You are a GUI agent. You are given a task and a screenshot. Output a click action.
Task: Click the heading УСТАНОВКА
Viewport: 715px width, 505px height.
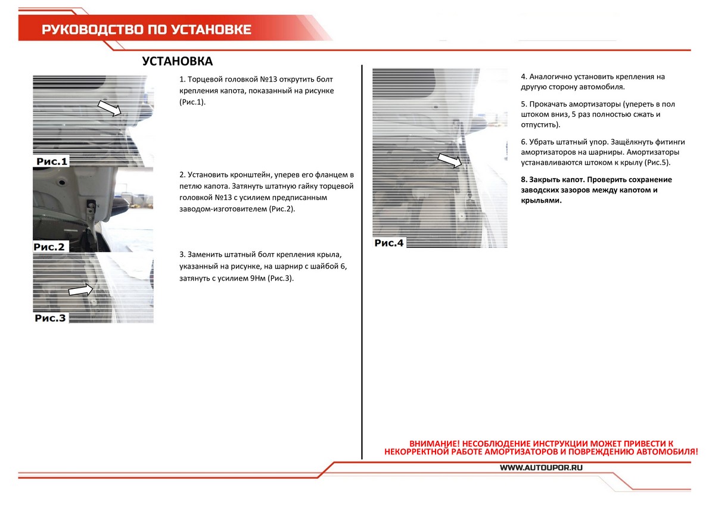pos(178,61)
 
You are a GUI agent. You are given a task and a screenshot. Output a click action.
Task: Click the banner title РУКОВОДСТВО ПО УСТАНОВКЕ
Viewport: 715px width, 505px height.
pos(147,30)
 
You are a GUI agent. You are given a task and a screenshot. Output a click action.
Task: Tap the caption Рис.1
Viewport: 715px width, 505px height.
pos(52,161)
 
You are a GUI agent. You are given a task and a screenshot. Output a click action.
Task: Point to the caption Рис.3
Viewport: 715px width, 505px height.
pos(50,318)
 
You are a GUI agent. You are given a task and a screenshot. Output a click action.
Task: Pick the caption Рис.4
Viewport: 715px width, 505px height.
pos(389,242)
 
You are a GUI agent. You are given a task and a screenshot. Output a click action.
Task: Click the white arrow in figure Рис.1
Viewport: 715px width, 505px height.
pos(109,108)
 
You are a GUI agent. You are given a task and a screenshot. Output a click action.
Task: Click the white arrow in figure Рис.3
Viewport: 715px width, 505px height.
pos(81,290)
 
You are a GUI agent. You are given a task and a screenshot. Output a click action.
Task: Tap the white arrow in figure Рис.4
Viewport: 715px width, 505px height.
pos(450,160)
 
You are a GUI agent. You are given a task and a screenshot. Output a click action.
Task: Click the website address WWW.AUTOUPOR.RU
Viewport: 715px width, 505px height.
pos(541,468)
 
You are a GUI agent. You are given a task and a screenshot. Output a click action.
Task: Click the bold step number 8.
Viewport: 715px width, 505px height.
pos(524,179)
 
